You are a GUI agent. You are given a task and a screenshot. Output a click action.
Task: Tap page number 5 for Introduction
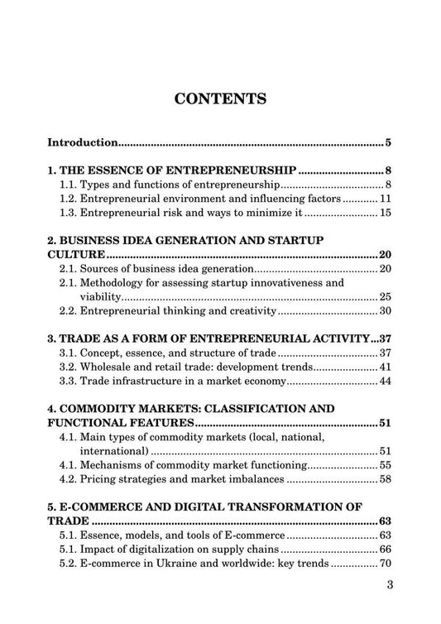pyautogui.click(x=388, y=142)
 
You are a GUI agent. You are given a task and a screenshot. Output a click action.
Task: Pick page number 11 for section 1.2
pyautogui.click(x=385, y=199)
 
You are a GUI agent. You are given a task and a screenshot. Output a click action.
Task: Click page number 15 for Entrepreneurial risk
pyautogui.click(x=385, y=214)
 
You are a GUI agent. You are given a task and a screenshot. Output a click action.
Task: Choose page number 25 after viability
pyautogui.click(x=385, y=296)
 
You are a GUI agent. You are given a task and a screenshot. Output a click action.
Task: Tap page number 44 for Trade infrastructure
pyautogui.click(x=385, y=382)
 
